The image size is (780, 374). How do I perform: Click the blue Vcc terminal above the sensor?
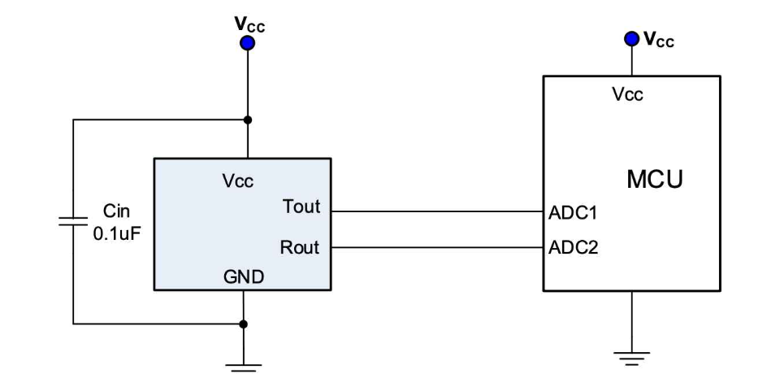point(247,43)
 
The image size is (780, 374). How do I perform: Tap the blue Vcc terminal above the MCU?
point(632,39)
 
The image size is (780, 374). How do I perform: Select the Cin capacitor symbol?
point(73,221)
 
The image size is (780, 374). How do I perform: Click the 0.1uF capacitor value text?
point(114,233)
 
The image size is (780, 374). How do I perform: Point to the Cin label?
point(116,211)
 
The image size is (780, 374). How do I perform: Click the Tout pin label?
point(301,206)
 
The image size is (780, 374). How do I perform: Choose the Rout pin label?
point(300,247)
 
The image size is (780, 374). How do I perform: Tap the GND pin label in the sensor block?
point(244,277)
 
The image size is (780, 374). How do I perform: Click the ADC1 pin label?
point(573,213)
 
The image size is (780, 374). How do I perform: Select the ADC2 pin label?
point(573,247)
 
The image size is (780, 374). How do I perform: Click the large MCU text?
point(655,180)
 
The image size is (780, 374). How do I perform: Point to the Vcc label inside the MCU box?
point(628,93)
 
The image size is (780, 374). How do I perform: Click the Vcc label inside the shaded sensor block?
point(238,181)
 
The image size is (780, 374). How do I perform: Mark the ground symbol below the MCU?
point(632,358)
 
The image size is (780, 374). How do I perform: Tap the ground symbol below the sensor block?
point(244,367)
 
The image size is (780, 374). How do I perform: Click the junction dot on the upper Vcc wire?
point(248,120)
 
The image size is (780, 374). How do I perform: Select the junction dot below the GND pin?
point(244,324)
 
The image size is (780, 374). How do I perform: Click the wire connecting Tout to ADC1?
point(437,211)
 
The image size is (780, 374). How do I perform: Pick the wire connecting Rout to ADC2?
point(437,247)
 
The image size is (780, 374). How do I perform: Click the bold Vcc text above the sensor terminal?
point(249,24)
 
